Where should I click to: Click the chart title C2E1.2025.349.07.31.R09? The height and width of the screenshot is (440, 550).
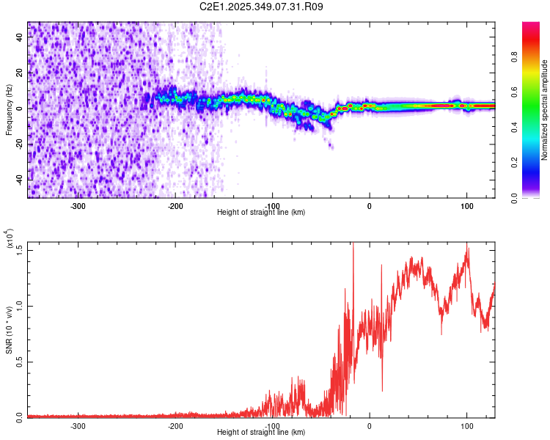pos(262,7)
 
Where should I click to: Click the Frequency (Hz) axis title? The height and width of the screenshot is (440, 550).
pos(9,110)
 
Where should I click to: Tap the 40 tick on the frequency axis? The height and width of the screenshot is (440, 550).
pos(19,38)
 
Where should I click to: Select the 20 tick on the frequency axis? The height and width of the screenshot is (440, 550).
pos(19,73)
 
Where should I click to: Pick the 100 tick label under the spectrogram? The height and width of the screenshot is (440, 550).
pos(466,205)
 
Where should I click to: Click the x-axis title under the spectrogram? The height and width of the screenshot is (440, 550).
pos(262,212)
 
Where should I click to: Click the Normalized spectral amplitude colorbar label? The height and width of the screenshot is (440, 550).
pos(545,110)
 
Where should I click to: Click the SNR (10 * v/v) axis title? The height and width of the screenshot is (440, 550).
pos(9,329)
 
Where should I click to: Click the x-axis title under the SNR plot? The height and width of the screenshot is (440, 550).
pos(262,432)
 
